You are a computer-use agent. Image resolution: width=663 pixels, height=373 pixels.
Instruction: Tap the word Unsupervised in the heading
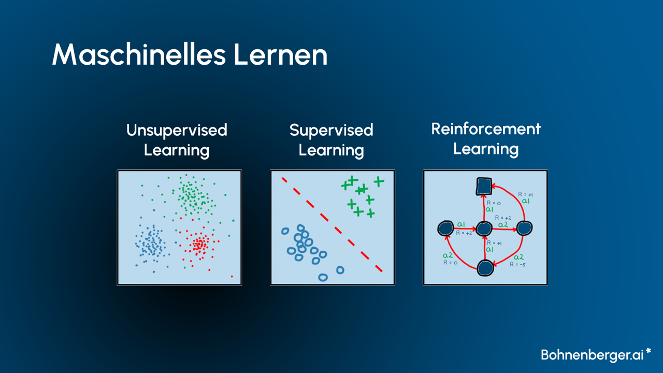pyautogui.click(x=177, y=130)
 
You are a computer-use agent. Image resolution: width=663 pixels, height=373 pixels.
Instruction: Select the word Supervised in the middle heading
pyautogui.click(x=331, y=130)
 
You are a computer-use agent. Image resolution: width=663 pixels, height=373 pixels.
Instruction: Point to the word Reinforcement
pyautogui.click(x=485, y=128)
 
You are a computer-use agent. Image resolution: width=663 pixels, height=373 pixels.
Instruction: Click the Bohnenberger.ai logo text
pyautogui.click(x=592, y=355)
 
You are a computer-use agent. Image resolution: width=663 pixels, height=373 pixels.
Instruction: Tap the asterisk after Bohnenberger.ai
pyautogui.click(x=648, y=351)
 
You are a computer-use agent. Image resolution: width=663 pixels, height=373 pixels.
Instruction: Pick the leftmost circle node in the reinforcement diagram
pyautogui.click(x=445, y=228)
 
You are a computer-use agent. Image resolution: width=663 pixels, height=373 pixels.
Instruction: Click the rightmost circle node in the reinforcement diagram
pyautogui.click(x=524, y=228)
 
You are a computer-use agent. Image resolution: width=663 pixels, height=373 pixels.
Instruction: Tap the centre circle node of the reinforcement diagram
pyautogui.click(x=484, y=228)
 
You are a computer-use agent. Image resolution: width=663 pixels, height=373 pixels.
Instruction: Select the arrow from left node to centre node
pyautogui.click(x=464, y=228)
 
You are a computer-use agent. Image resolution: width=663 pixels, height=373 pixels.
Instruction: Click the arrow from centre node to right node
pyautogui.click(x=504, y=228)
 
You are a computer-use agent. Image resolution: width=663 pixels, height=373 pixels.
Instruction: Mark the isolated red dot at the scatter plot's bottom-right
pyautogui.click(x=232, y=276)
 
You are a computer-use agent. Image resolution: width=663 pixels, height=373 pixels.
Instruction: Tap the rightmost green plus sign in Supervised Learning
pyautogui.click(x=379, y=181)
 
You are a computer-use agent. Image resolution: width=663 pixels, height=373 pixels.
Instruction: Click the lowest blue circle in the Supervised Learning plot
pyautogui.click(x=323, y=277)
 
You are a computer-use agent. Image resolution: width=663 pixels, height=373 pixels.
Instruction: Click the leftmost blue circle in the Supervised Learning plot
pyautogui.click(x=284, y=231)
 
